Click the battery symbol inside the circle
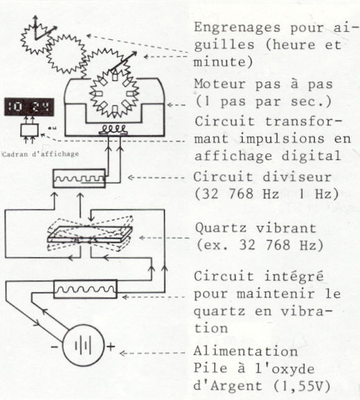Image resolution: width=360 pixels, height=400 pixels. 83,346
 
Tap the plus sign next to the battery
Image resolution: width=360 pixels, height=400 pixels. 110,347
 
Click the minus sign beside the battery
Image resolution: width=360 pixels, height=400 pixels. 54,347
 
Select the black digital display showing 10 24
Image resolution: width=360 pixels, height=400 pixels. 29,107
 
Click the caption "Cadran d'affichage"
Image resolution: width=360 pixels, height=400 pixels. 40,154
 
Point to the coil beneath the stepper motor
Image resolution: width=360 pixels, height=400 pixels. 112,130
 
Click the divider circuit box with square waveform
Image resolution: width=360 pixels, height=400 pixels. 79,178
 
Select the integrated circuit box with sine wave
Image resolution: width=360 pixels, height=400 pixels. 85,289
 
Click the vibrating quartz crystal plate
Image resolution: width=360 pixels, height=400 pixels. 90,234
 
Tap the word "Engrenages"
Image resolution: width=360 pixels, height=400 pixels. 237,28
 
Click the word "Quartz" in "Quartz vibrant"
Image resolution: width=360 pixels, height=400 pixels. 221,228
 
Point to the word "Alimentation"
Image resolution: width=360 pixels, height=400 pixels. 246,351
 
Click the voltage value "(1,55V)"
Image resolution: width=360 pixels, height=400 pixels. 302,386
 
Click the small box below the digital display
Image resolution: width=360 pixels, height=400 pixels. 30,130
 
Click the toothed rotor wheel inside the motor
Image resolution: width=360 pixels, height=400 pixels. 114,94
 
